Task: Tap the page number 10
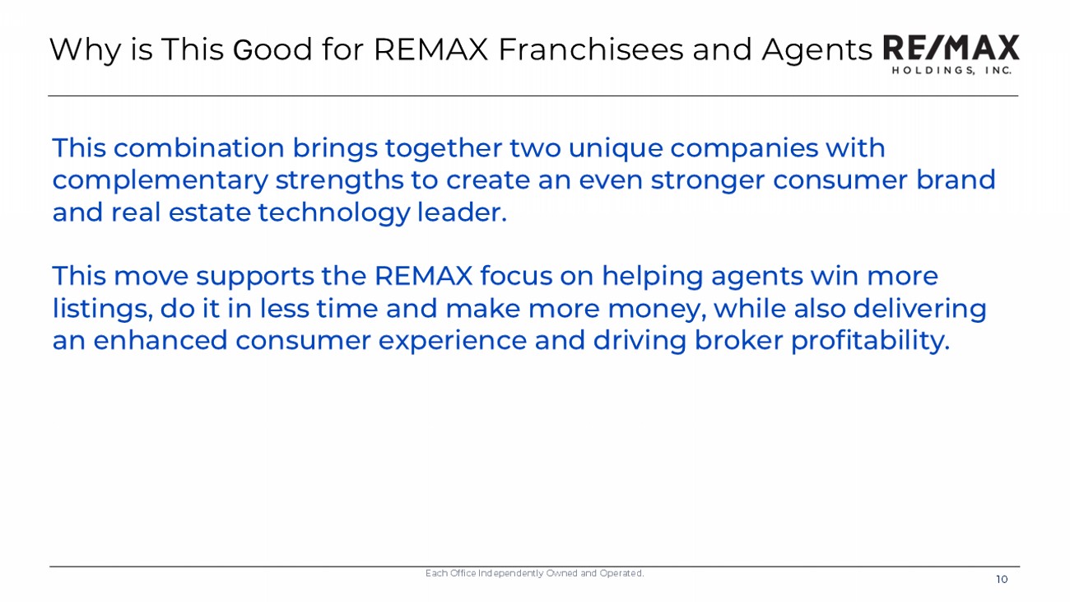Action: [x=1002, y=580]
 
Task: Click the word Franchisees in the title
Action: [x=591, y=49]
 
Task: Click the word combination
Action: [x=198, y=147]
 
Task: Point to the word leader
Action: [x=462, y=212]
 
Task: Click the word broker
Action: [x=738, y=340]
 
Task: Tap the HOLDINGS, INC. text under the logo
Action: [x=951, y=70]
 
